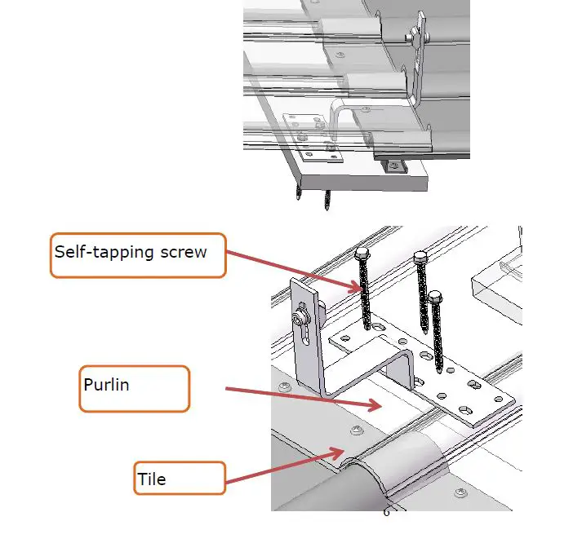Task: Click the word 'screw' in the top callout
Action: tap(183, 252)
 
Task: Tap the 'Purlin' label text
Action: tap(106, 383)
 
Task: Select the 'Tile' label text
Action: tap(152, 479)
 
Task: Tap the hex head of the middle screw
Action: tap(421, 258)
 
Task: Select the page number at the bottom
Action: tap(387, 513)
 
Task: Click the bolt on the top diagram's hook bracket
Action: tap(416, 33)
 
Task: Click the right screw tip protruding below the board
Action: tap(327, 200)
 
